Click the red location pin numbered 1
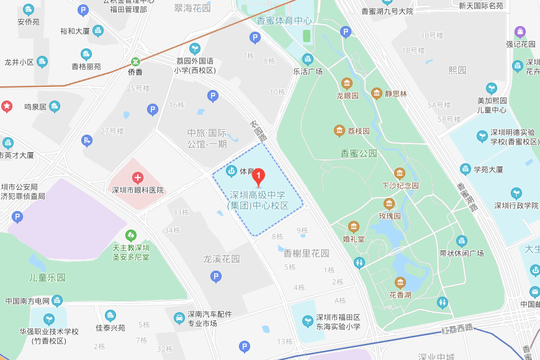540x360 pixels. point(261,176)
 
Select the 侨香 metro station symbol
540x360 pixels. point(135,61)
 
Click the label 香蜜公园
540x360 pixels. point(359,153)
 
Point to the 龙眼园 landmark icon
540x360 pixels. point(347,84)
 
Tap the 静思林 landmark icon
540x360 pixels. point(376,94)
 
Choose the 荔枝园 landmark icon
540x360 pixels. point(340,130)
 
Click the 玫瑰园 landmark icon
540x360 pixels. point(389,204)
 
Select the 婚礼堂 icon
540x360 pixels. point(354,227)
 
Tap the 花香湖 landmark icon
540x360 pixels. point(400,283)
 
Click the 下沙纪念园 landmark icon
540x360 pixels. point(400,173)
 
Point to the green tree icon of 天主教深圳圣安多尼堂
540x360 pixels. point(131,236)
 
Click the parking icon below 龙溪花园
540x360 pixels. point(216,277)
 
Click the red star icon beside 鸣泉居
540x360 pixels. point(7,106)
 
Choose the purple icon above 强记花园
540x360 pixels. point(520,32)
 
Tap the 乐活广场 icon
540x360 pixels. point(308,60)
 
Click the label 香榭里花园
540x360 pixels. point(307,253)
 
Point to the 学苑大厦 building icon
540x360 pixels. point(465,169)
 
